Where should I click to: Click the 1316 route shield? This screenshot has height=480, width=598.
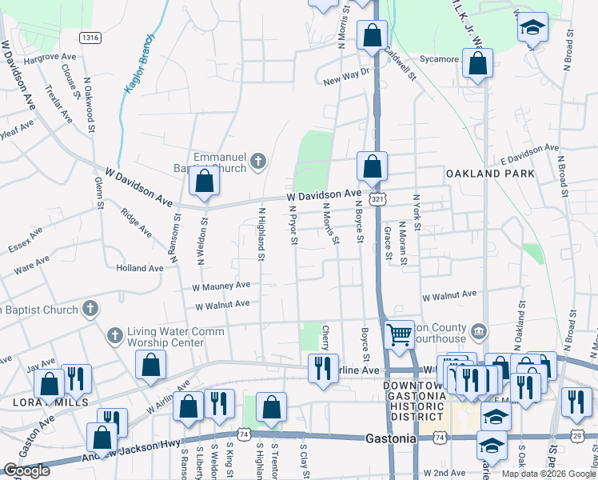[90, 38]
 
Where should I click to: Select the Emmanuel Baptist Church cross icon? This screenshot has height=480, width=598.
[257, 162]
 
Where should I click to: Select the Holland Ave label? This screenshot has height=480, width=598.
[139, 268]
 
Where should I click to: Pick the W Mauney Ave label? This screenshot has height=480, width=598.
[221, 286]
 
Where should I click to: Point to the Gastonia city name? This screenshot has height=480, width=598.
[392, 439]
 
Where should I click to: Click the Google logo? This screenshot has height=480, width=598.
[26, 470]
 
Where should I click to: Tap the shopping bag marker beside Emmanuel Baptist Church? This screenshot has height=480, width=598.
[205, 182]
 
